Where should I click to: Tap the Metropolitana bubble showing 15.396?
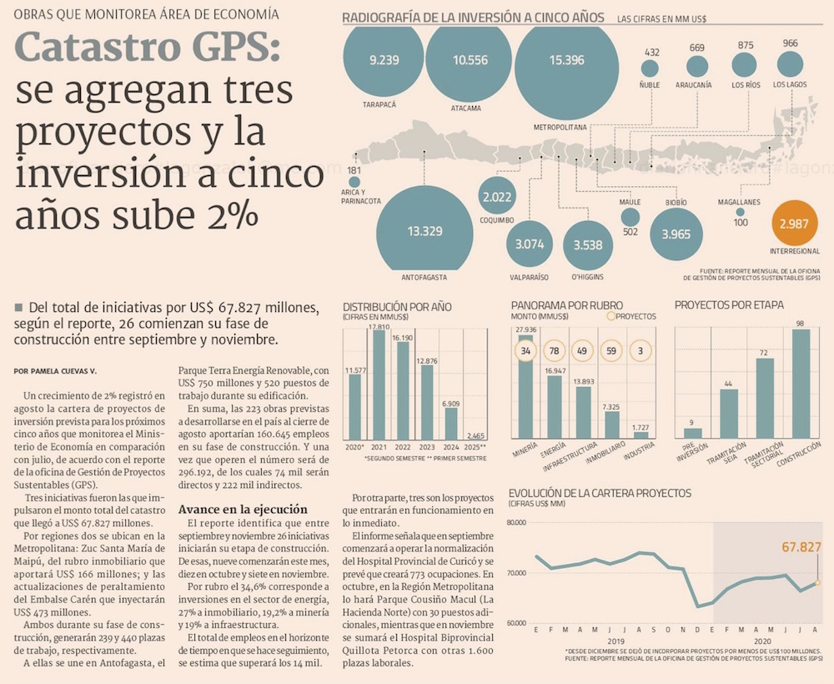[x=566, y=60]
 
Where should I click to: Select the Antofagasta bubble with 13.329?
[x=425, y=230]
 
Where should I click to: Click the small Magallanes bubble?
[x=740, y=212]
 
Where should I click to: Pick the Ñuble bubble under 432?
[x=650, y=68]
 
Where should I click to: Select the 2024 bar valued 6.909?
[x=451, y=420]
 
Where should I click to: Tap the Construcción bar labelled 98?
[x=800, y=384]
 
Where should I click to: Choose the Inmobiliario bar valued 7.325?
[x=611, y=425]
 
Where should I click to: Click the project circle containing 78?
[x=553, y=351]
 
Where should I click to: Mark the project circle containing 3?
[x=641, y=351]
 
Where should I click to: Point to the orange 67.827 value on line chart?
[x=801, y=547]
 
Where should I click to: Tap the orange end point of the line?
[x=818, y=582]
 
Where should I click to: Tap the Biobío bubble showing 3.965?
[x=676, y=234]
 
